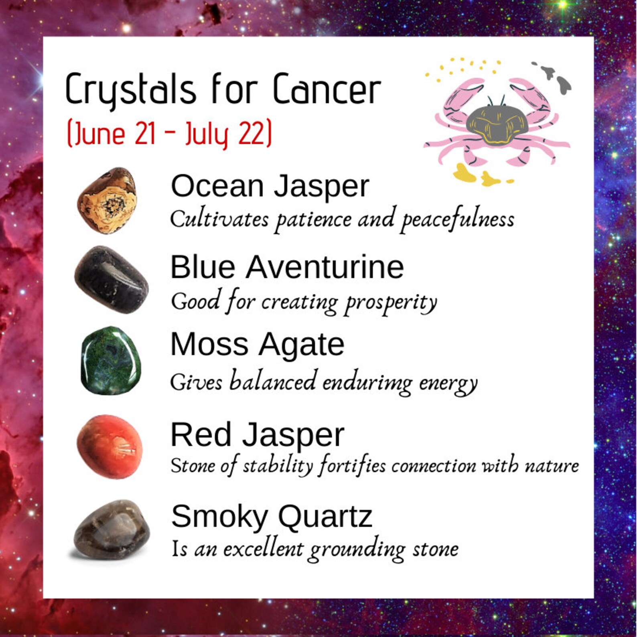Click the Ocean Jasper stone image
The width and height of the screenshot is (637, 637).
pos(107,201)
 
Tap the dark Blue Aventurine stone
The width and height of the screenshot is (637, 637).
pos(111,280)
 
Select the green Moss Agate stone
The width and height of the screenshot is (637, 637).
pos(111,361)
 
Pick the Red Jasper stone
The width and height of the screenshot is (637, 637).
pos(110,446)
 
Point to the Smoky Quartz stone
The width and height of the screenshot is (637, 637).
pos(112,529)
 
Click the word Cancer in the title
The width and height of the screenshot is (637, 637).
pos(327,89)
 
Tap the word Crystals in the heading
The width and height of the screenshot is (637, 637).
pos(130,89)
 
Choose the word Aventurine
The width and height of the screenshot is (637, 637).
pos(325,267)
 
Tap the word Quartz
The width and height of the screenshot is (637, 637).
pos(325,516)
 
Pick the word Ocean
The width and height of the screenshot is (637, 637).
pos(217,186)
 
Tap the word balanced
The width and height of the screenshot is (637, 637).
pos(272,381)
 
